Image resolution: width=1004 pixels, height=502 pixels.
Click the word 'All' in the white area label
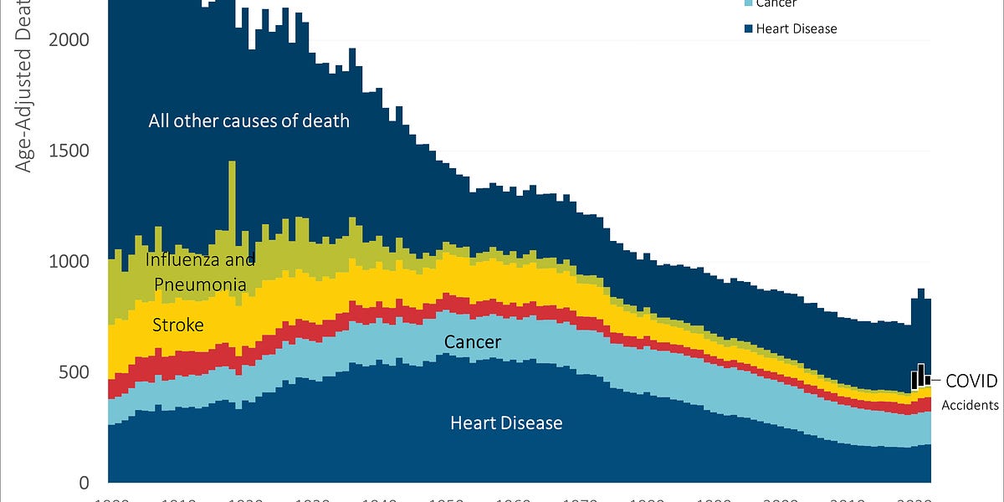point(161,120)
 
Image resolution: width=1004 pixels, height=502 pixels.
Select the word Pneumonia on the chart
point(201,284)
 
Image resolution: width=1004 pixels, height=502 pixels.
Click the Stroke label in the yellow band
point(177,325)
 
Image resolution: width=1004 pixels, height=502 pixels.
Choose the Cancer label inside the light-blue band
point(473,342)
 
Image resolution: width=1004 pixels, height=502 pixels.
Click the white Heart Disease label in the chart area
point(506,423)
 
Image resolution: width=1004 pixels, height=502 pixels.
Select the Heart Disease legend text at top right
point(797,28)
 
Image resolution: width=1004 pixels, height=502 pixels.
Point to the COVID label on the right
point(971,381)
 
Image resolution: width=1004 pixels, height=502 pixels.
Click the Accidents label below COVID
point(971,405)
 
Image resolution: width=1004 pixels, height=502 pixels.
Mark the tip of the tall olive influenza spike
point(232,162)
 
